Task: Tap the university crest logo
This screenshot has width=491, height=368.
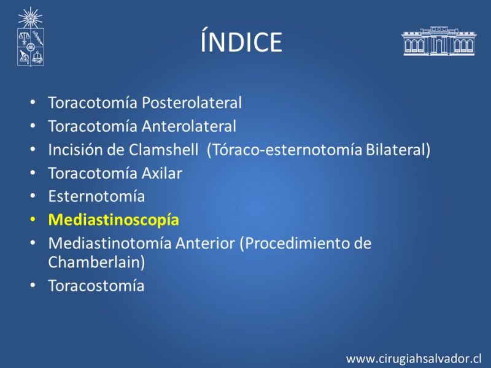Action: pyautogui.click(x=30, y=37)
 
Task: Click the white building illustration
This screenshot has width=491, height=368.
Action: pyautogui.click(x=439, y=40)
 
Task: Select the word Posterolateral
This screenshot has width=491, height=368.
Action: pyautogui.click(x=191, y=102)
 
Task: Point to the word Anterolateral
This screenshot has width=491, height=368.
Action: pyautogui.click(x=189, y=126)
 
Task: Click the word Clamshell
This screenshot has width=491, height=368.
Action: pyautogui.click(x=163, y=150)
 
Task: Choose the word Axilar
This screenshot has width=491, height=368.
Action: pyautogui.click(x=162, y=173)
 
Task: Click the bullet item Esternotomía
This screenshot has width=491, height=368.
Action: pyautogui.click(x=96, y=196)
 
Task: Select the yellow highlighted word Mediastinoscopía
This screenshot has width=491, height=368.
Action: pyautogui.click(x=114, y=220)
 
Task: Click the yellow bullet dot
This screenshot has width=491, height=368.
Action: pyautogui.click(x=33, y=220)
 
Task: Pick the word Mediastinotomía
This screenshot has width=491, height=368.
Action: pyautogui.click(x=110, y=243)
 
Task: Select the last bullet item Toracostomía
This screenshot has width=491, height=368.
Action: pyautogui.click(x=96, y=286)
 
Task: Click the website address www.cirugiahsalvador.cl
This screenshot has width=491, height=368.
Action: pyautogui.click(x=414, y=359)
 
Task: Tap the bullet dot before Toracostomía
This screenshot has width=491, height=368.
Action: pyautogui.click(x=33, y=285)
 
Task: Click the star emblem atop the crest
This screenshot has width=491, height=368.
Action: pyautogui.click(x=30, y=18)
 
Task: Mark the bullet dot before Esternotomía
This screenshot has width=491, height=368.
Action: pyautogui.click(x=33, y=196)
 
